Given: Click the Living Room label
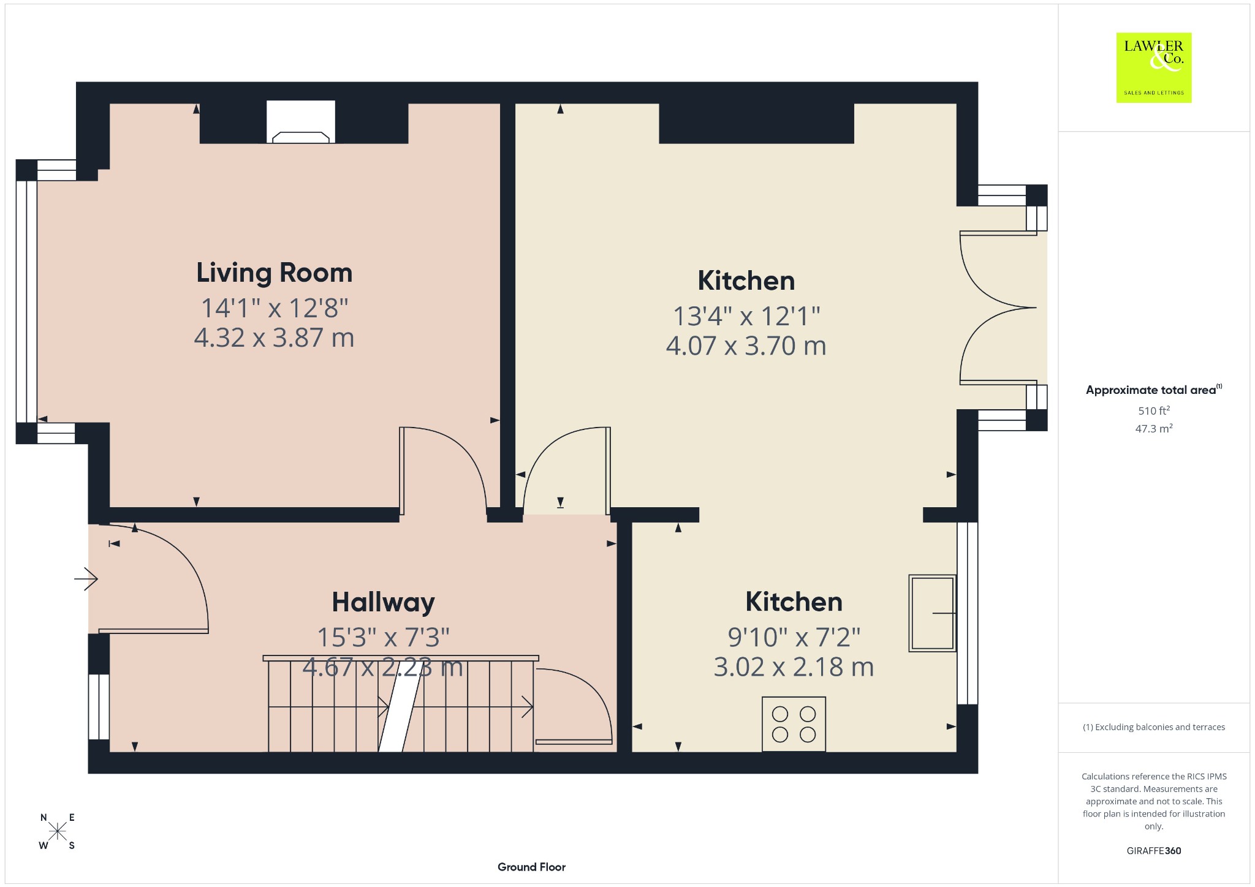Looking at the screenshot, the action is [x=274, y=273].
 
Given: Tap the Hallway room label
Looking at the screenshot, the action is [x=383, y=602].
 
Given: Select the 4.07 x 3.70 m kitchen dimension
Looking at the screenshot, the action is [x=746, y=346].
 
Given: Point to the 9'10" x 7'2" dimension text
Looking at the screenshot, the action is [x=794, y=638].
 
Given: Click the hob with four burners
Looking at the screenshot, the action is [x=794, y=724].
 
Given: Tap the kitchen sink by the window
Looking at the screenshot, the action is [x=932, y=613].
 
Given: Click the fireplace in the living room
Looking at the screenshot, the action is [x=301, y=123].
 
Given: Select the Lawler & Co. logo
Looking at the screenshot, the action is [x=1153, y=67].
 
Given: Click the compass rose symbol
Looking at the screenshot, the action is [x=58, y=831].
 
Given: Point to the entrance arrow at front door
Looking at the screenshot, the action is [x=86, y=578].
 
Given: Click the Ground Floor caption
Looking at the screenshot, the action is [x=531, y=867].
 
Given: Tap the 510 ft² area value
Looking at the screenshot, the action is [x=1154, y=410].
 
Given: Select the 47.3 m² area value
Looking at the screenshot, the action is [x=1154, y=428].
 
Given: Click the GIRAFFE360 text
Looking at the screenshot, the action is [x=1154, y=850].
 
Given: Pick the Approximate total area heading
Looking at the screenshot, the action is [x=1154, y=390].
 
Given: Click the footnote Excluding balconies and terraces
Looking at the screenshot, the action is [x=1154, y=727].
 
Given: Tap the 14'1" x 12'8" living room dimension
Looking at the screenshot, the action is [x=275, y=308].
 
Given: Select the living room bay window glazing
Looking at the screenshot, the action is [x=26, y=301].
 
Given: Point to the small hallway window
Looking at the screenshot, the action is [x=99, y=707].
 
